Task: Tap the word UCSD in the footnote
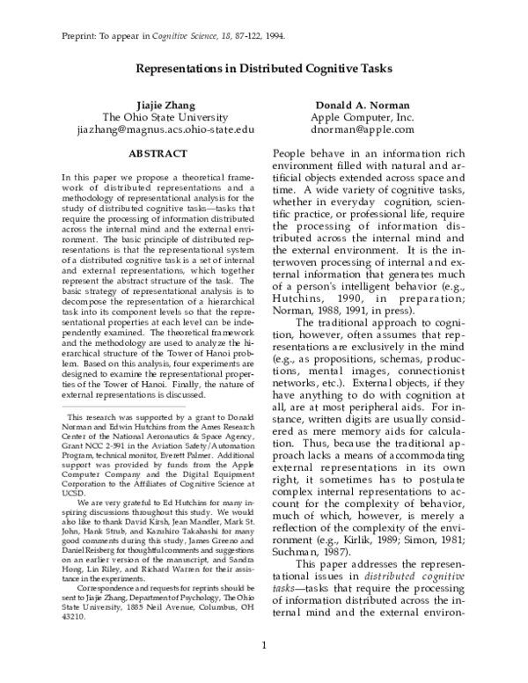tap(75, 495)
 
